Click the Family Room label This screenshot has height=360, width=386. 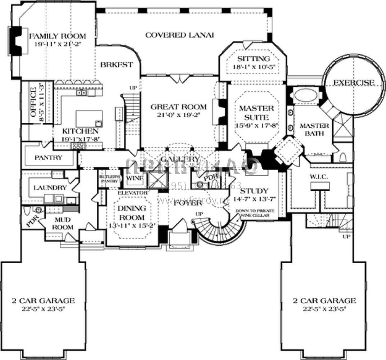click(x=58, y=36)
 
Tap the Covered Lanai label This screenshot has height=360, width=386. click(x=180, y=35)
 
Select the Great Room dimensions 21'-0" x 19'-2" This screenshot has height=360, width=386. click(x=179, y=115)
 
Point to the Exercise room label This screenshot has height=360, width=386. click(x=353, y=83)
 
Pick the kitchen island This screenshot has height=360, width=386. click(x=89, y=118)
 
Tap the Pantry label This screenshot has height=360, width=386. click(x=49, y=157)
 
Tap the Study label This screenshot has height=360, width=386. click(x=254, y=191)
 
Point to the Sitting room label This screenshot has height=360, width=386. click(x=254, y=59)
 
